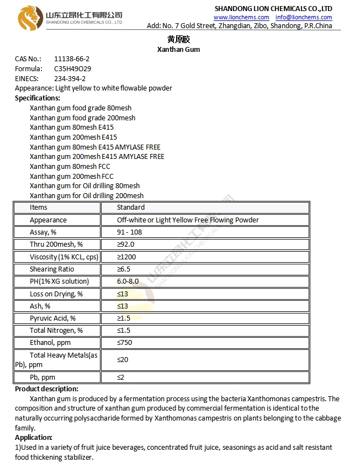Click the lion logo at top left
click(x=30, y=18)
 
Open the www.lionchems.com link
click(x=241, y=17)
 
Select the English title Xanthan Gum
click(x=179, y=49)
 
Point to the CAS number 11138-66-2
click(x=72, y=59)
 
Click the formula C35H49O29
click(x=72, y=69)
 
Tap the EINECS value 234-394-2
click(x=70, y=78)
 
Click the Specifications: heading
click(x=38, y=98)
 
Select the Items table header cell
click(x=39, y=208)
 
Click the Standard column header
click(x=131, y=208)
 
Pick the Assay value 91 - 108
click(x=129, y=232)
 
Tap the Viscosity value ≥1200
click(x=126, y=257)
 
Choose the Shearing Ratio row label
click(x=52, y=269)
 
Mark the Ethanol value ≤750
click(x=124, y=342)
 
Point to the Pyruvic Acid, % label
click(x=53, y=318)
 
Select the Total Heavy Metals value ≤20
click(x=123, y=360)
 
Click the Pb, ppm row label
click(x=43, y=377)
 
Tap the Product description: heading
click(x=46, y=389)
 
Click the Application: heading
click(x=34, y=437)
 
